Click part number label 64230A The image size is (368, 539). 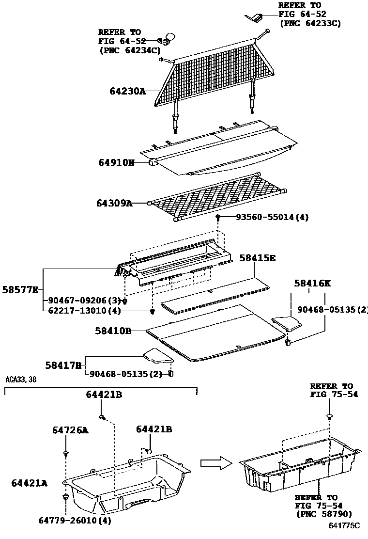click(127, 91)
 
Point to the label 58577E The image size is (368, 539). click(20, 289)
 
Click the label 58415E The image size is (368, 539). click(257, 258)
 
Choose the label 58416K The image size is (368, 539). click(312, 284)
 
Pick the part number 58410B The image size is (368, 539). click(114, 331)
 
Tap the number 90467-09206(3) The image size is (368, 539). click(84, 301)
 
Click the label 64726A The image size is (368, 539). click(70, 430)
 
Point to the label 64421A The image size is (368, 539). click(30, 483)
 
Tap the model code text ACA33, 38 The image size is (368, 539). click(20, 380)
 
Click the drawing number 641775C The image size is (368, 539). click(344, 525)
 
